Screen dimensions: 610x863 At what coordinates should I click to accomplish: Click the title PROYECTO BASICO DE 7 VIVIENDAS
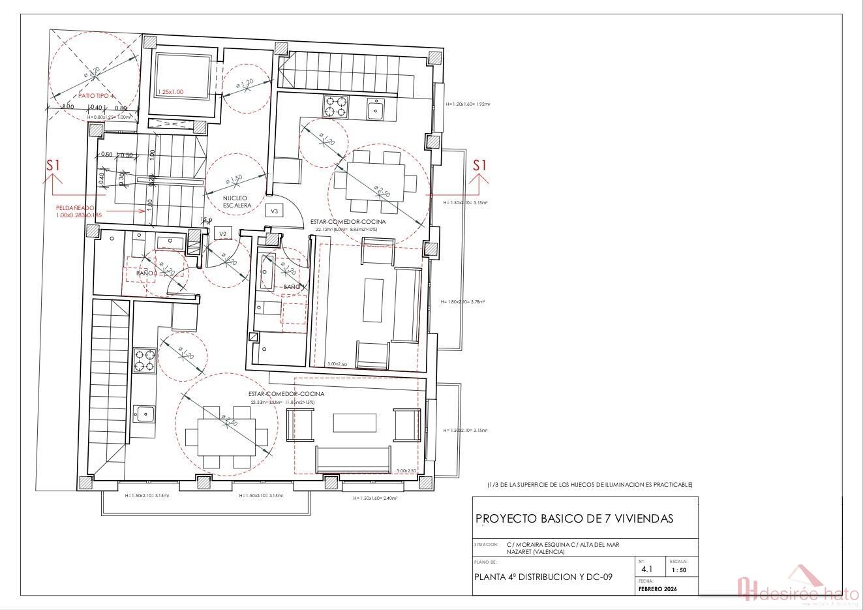pyautogui.click(x=574, y=519)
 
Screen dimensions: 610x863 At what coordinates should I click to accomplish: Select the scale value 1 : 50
pyautogui.click(x=678, y=570)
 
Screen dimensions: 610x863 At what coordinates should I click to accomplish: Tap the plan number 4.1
pyautogui.click(x=646, y=570)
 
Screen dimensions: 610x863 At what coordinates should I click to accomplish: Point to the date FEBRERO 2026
pyautogui.click(x=658, y=589)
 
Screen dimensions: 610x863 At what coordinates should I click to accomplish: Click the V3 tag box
pyautogui.click(x=274, y=211)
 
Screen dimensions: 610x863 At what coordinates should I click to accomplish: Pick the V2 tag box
pyautogui.click(x=222, y=234)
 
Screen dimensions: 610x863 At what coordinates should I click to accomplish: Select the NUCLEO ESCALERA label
pyautogui.click(x=237, y=202)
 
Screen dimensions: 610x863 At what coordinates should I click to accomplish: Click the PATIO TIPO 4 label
pyautogui.click(x=96, y=96)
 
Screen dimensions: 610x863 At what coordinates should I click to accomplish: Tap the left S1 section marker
pyautogui.click(x=53, y=166)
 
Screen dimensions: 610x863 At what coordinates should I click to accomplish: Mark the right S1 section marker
pyautogui.click(x=479, y=166)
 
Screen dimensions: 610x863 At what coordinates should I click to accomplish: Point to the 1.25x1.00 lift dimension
pyautogui.click(x=172, y=93)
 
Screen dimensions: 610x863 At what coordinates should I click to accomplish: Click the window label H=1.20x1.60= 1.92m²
pyautogui.click(x=468, y=104)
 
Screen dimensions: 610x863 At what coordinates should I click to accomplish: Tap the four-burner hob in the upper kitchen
pyautogui.click(x=335, y=106)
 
